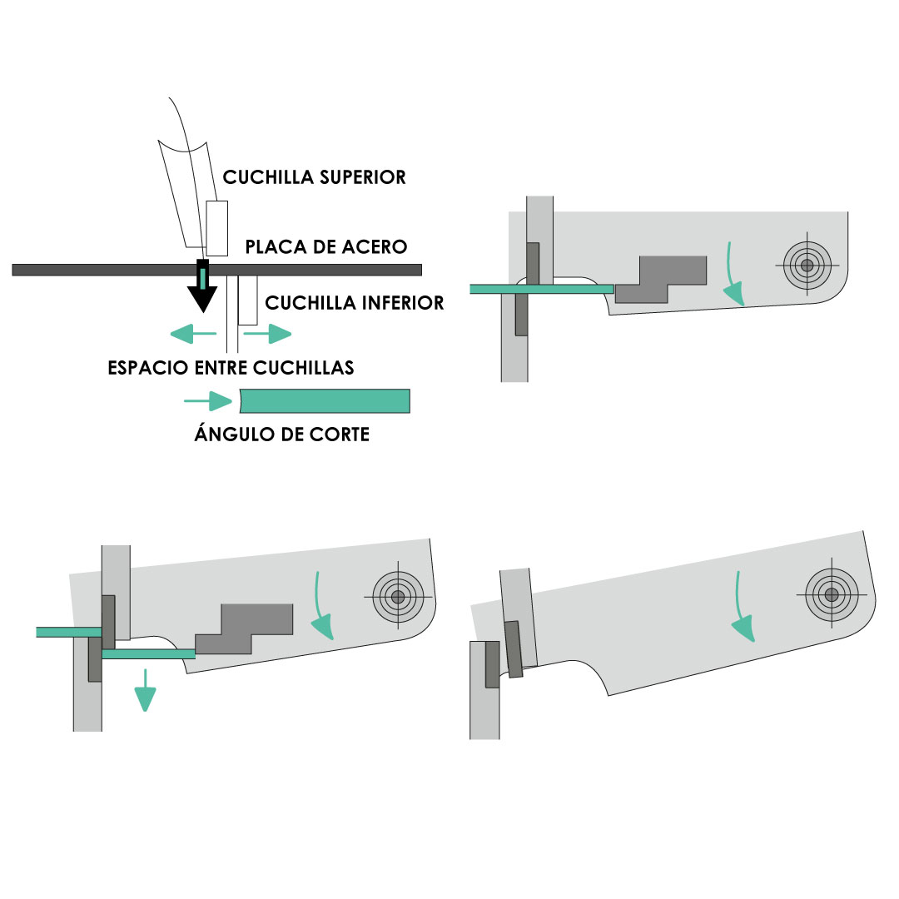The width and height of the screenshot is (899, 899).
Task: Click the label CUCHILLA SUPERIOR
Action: coord(314,177)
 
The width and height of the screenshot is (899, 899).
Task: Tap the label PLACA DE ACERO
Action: coord(325,247)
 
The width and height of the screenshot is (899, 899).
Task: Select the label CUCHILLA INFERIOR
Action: coord(355,303)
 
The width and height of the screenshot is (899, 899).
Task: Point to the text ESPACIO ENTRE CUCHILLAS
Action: coord(231,368)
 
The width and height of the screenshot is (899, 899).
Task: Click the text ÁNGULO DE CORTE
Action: coord(281,435)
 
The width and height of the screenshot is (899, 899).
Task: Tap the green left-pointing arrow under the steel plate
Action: coord(192,335)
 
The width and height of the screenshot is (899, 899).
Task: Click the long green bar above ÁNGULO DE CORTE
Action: coord(325,401)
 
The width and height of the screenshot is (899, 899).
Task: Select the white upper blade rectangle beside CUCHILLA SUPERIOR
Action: coord(217,228)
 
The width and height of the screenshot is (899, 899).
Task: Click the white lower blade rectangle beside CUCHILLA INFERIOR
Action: coord(247,300)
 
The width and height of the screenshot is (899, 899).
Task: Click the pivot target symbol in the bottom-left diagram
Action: coord(398,596)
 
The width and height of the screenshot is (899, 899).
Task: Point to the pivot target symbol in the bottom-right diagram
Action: coord(830,594)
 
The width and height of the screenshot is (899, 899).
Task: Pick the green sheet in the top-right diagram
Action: coord(541,289)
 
